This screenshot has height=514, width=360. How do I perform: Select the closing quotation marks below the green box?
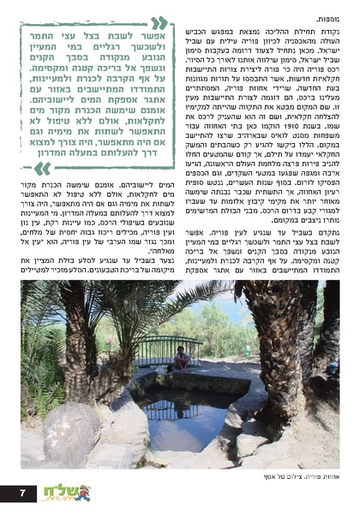pyautogui.click(x=42, y=168)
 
